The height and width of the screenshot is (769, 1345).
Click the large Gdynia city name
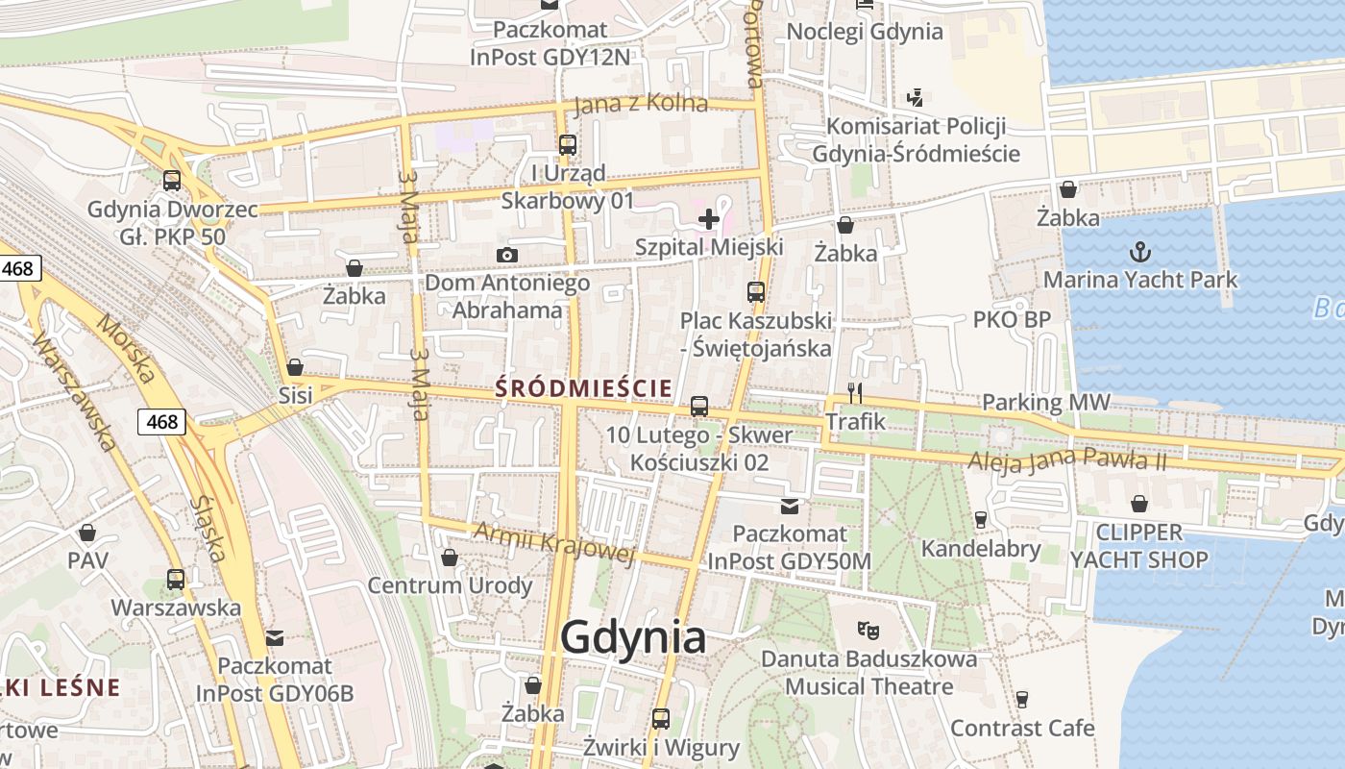point(633,637)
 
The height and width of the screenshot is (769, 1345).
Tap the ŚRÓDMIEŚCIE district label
point(583,388)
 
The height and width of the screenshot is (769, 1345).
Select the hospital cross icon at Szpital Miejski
point(709,219)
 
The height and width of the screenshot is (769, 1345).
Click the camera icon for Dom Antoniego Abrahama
point(507,255)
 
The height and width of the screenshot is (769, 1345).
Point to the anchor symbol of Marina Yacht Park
point(1139,253)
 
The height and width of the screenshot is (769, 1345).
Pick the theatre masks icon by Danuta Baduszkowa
point(868,631)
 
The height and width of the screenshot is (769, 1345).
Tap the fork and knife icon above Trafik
point(855,392)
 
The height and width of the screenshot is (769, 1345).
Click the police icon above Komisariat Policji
point(916,97)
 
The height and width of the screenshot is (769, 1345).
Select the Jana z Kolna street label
point(641,104)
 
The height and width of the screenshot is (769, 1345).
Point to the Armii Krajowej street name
point(554,544)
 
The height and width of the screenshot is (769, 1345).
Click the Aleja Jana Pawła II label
point(1066,459)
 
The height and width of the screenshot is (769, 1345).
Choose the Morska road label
point(126,351)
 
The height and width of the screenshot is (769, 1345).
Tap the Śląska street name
point(208,528)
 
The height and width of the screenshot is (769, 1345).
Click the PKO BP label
point(1012,319)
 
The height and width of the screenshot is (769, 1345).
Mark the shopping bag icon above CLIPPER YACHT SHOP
point(1139,504)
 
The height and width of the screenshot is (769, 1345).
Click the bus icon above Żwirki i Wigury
point(661,718)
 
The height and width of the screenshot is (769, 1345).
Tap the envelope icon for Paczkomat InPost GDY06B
point(276,637)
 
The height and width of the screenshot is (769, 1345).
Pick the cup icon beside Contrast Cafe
point(1022,699)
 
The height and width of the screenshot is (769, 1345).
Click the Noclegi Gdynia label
point(865,31)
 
